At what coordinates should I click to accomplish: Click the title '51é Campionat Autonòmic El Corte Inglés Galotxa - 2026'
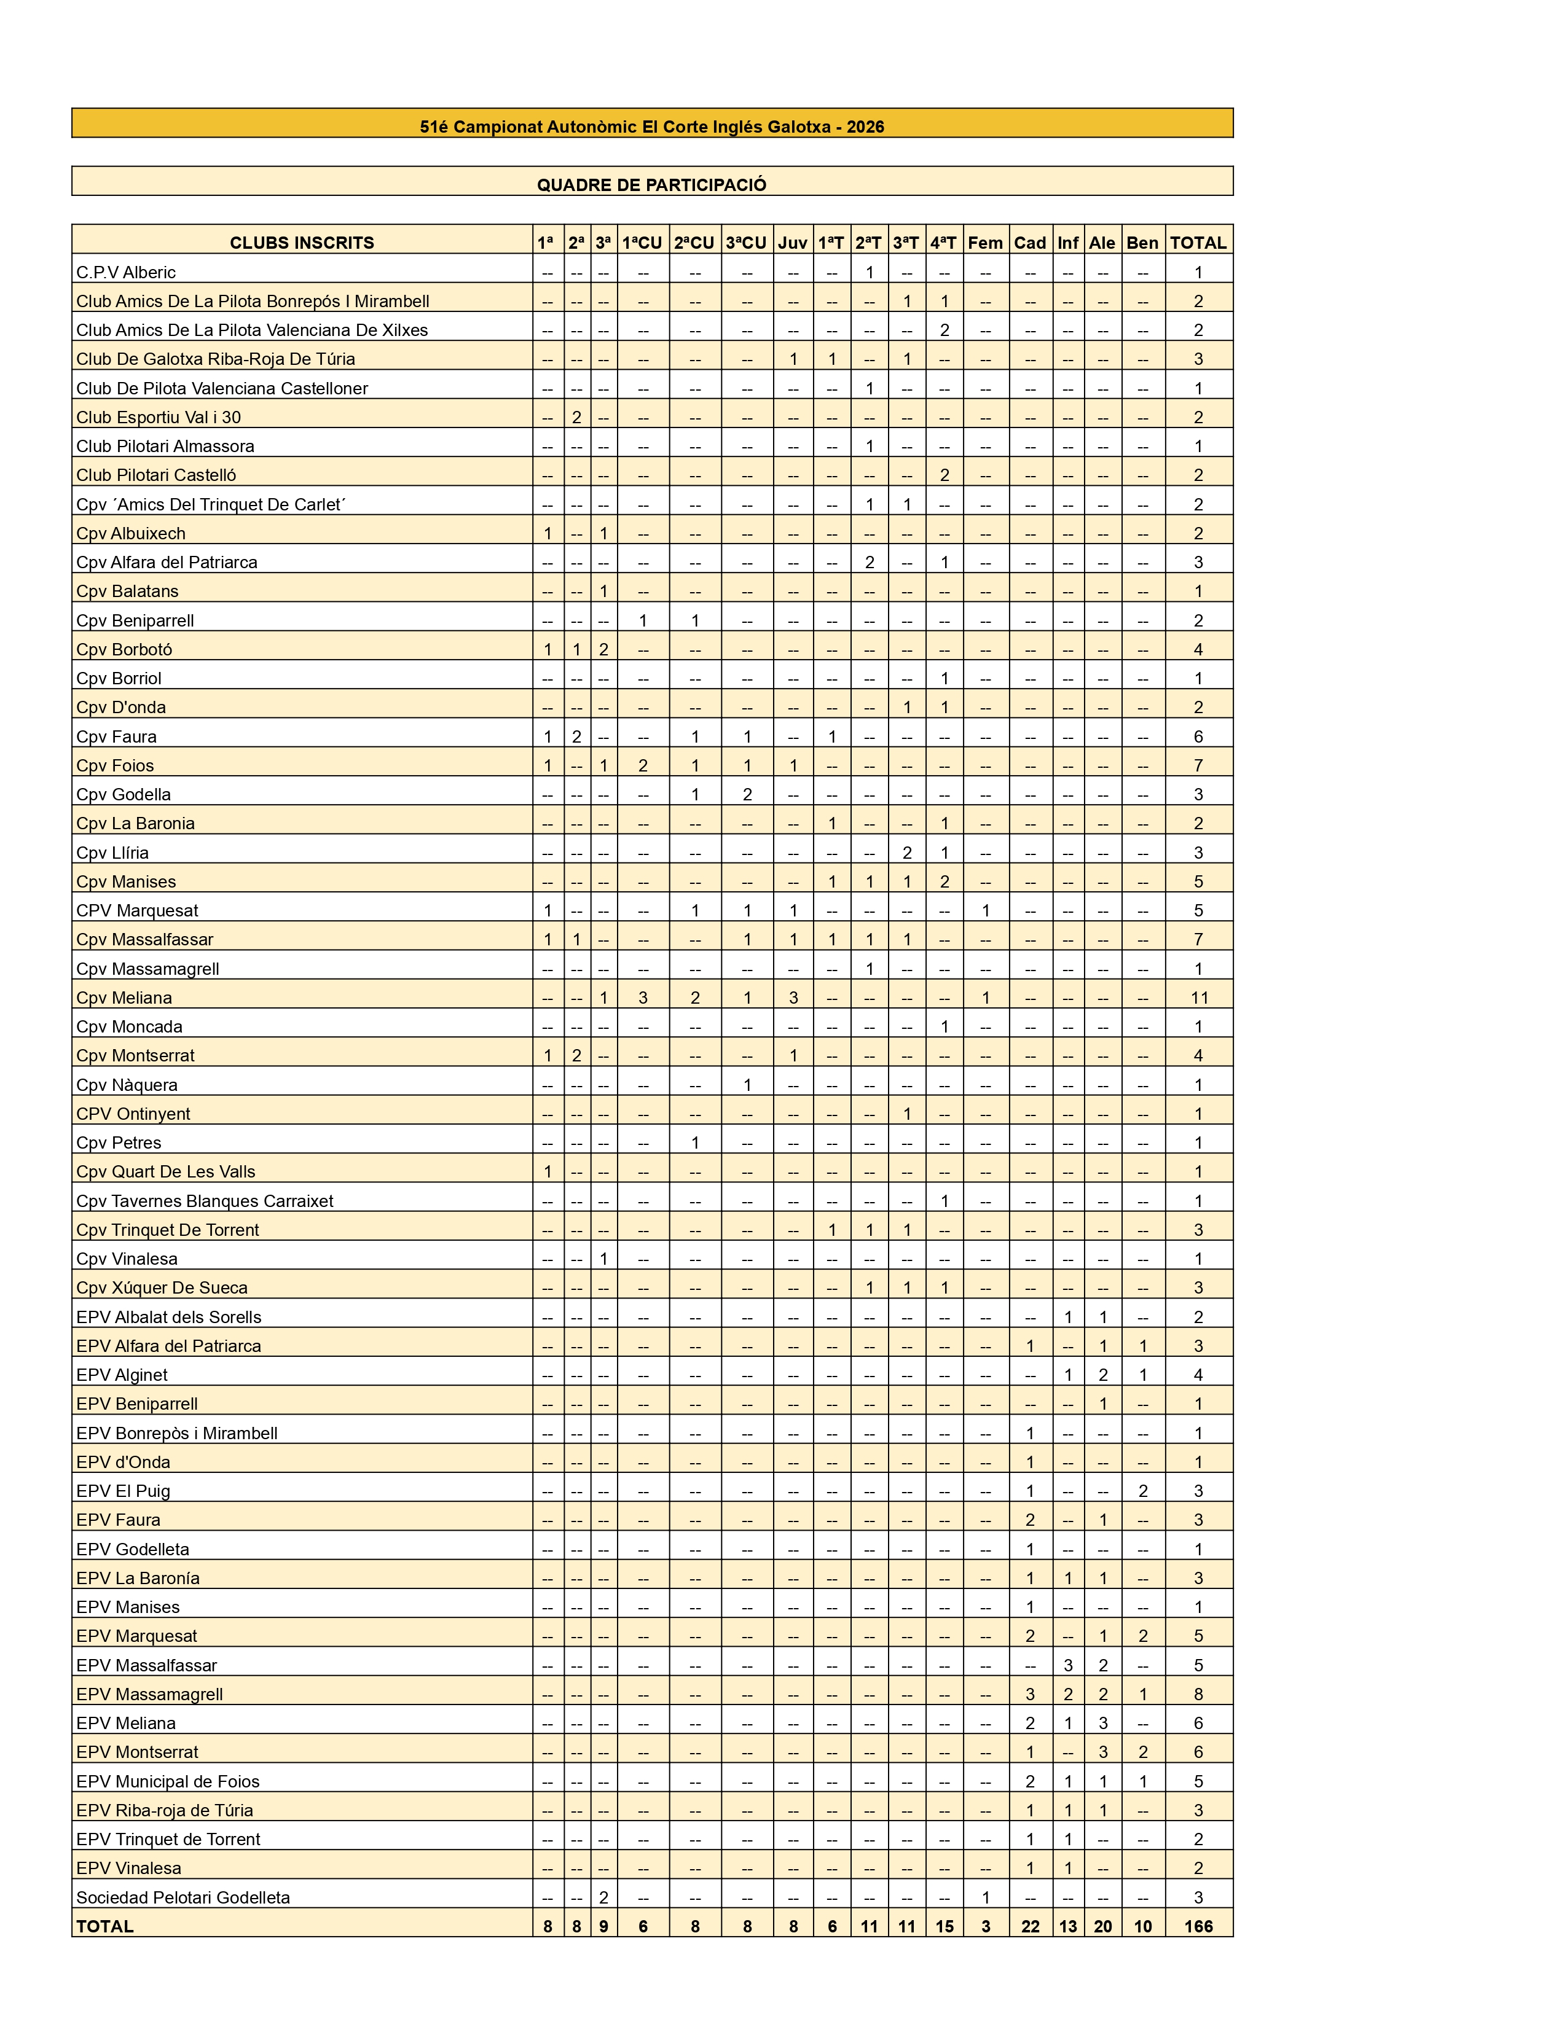[x=651, y=127]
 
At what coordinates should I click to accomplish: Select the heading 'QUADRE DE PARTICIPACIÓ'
[x=651, y=185]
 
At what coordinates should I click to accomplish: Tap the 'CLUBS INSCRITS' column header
[x=302, y=242]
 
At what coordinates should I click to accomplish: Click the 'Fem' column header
[x=985, y=242]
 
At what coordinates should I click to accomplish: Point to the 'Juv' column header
[x=793, y=242]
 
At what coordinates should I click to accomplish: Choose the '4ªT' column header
[x=943, y=242]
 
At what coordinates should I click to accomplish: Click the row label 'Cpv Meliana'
[x=124, y=998]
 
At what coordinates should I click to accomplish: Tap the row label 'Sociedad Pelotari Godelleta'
[x=183, y=1897]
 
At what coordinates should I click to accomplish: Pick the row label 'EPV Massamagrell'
[x=149, y=1694]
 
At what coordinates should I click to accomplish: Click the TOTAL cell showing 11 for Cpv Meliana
[x=1198, y=998]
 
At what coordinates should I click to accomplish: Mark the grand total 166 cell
[x=1198, y=1926]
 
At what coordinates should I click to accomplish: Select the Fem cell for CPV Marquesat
[x=985, y=910]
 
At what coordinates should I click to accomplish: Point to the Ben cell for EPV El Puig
[x=1143, y=1491]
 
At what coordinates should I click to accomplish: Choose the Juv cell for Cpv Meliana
[x=793, y=998]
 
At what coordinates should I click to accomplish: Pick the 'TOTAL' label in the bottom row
[x=105, y=1926]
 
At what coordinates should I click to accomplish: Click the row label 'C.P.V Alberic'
[x=126, y=272]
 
